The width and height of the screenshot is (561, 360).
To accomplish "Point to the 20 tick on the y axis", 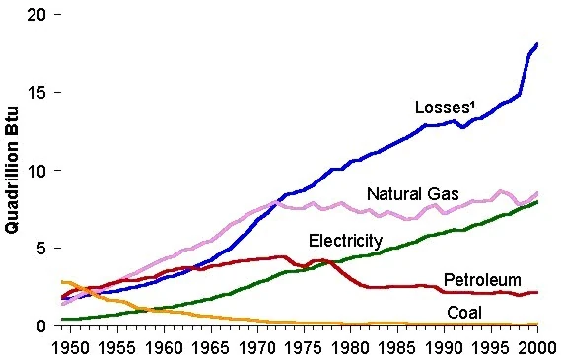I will coord(36,16).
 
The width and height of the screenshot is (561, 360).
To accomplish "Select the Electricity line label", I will coord(345,241).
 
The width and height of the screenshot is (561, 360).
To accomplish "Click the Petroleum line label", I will coord(482,280).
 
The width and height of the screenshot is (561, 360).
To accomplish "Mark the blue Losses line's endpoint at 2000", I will coord(536,44).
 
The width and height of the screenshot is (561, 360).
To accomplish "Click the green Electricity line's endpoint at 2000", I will coord(536,202).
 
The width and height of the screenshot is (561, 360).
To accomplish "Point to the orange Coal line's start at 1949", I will coord(62,282).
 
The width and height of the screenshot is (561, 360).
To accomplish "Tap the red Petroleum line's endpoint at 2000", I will coord(536,293).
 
